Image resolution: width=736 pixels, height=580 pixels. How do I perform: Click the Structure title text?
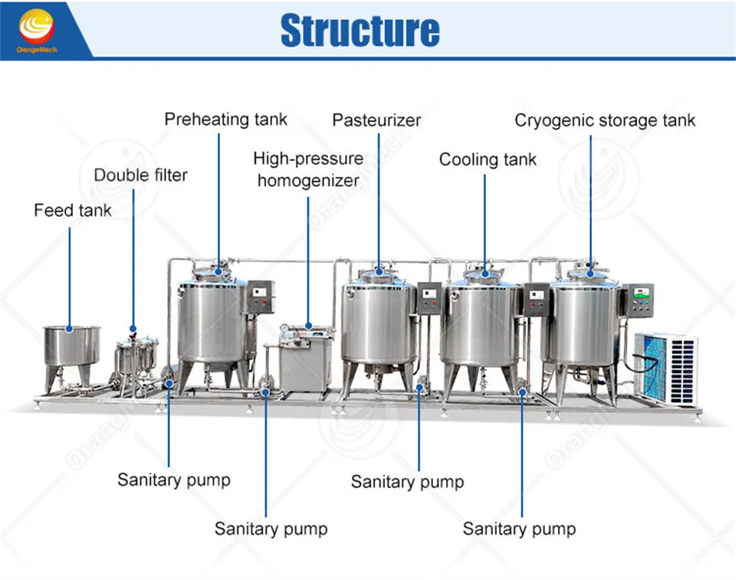coord(360,30)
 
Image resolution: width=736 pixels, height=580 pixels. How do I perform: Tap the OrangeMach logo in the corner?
coord(36,28)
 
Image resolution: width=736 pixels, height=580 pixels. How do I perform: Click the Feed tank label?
coord(72,210)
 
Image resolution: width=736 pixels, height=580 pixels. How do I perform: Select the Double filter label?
coord(140,175)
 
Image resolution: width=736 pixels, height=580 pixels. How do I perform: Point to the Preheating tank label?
coord(225,119)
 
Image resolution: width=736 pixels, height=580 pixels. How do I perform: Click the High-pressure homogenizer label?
coord(308,169)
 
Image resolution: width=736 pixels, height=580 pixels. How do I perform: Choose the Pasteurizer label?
coord(376,120)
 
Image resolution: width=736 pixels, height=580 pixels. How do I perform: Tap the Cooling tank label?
coord(488,159)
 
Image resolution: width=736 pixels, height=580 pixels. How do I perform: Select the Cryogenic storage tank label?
coord(605,120)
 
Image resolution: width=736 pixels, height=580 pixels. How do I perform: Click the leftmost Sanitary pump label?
coord(173,480)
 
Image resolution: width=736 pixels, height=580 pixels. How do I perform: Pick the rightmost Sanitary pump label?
coord(519,529)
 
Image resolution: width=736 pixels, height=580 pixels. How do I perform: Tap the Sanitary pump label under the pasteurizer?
coord(407,482)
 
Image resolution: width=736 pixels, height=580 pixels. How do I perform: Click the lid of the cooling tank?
coord(485,274)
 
